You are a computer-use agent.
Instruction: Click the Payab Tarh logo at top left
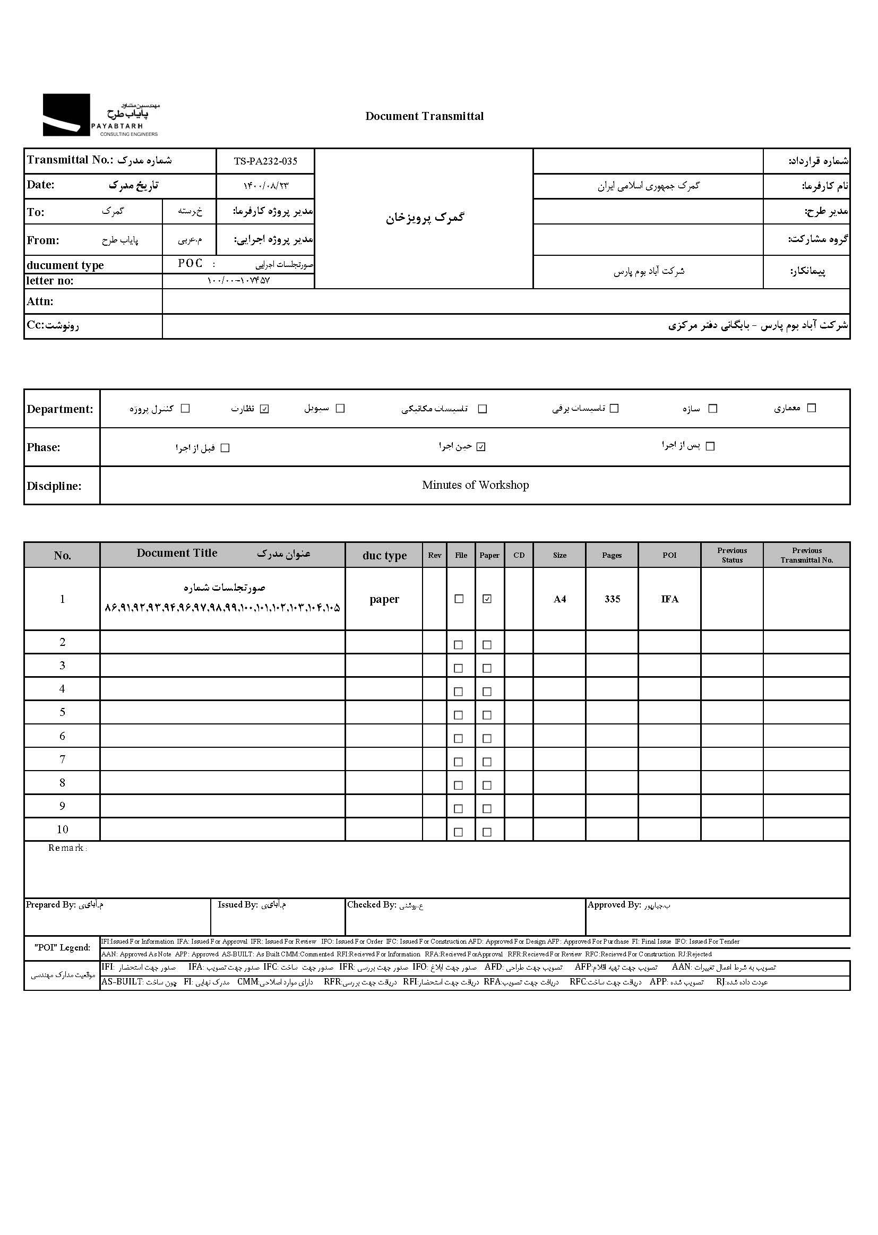pyautogui.click(x=100, y=115)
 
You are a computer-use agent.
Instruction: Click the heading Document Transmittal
pyautogui.click(x=425, y=116)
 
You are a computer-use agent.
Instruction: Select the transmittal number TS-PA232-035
pyautogui.click(x=265, y=161)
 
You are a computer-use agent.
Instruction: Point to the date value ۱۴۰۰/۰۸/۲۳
pyautogui.click(x=266, y=186)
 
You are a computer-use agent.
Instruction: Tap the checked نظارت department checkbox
pyautogui.click(x=264, y=409)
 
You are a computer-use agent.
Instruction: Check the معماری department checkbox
pyautogui.click(x=811, y=408)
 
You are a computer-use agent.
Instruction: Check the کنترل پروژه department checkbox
pyautogui.click(x=185, y=409)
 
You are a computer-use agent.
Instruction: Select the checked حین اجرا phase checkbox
pyautogui.click(x=481, y=447)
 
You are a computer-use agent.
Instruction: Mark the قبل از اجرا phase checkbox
pyautogui.click(x=226, y=448)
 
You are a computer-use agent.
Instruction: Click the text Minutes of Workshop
pyautogui.click(x=475, y=485)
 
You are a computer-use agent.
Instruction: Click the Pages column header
pyautogui.click(x=612, y=555)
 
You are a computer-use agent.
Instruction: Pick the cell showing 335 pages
pyautogui.click(x=612, y=599)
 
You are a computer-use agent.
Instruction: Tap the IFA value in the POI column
pyautogui.click(x=669, y=599)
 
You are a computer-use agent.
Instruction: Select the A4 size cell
pyautogui.click(x=559, y=599)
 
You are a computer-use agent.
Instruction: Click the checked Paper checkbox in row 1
pyautogui.click(x=487, y=599)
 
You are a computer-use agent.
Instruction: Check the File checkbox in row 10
pyautogui.click(x=459, y=832)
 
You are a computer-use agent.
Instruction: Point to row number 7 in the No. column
pyautogui.click(x=62, y=759)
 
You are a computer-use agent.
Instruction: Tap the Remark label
pyautogui.click(x=66, y=848)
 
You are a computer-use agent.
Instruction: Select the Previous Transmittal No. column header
pyautogui.click(x=806, y=555)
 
